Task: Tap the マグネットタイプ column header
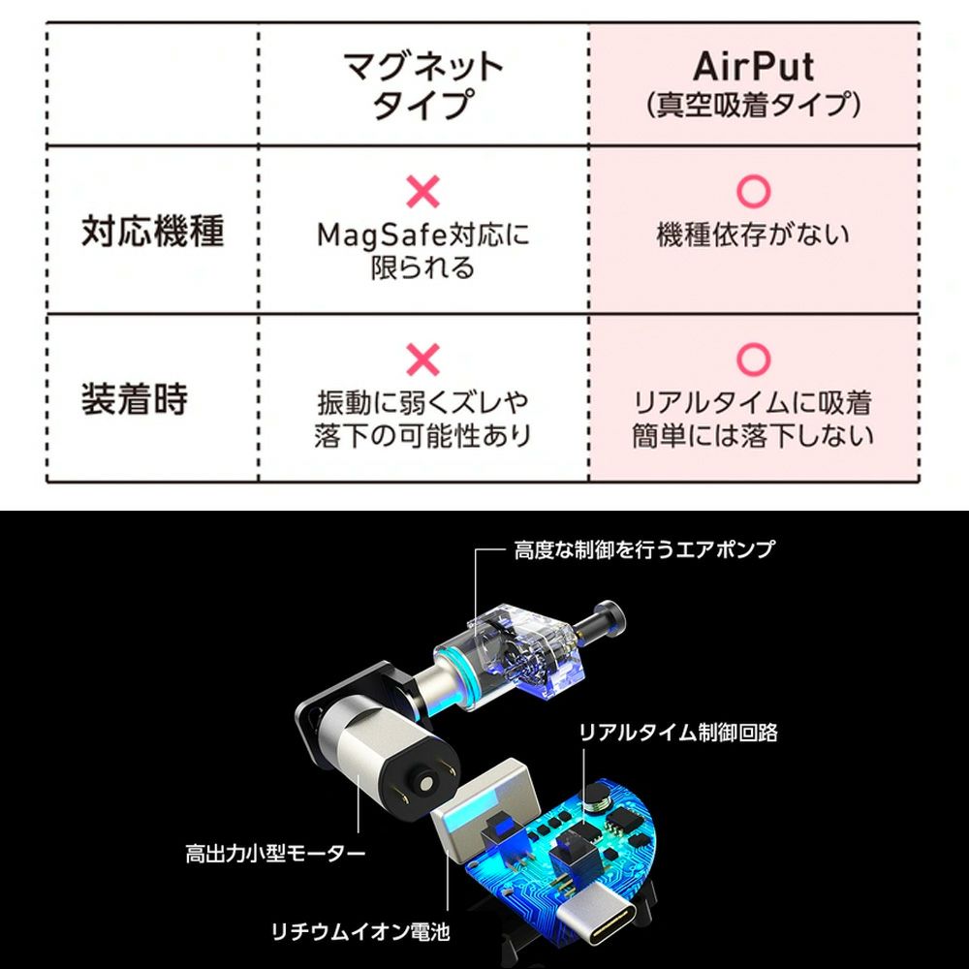click(x=423, y=85)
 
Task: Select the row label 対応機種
click(x=152, y=233)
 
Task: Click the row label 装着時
click(x=134, y=399)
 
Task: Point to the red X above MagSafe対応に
click(x=422, y=192)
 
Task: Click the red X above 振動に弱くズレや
click(x=422, y=359)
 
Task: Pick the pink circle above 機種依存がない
click(x=753, y=192)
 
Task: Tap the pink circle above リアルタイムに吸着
click(x=753, y=359)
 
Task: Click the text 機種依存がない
click(x=753, y=234)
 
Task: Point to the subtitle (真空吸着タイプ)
click(x=753, y=105)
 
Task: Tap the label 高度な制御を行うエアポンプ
click(x=644, y=549)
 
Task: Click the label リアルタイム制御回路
click(x=678, y=733)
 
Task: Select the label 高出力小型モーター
click(x=275, y=854)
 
